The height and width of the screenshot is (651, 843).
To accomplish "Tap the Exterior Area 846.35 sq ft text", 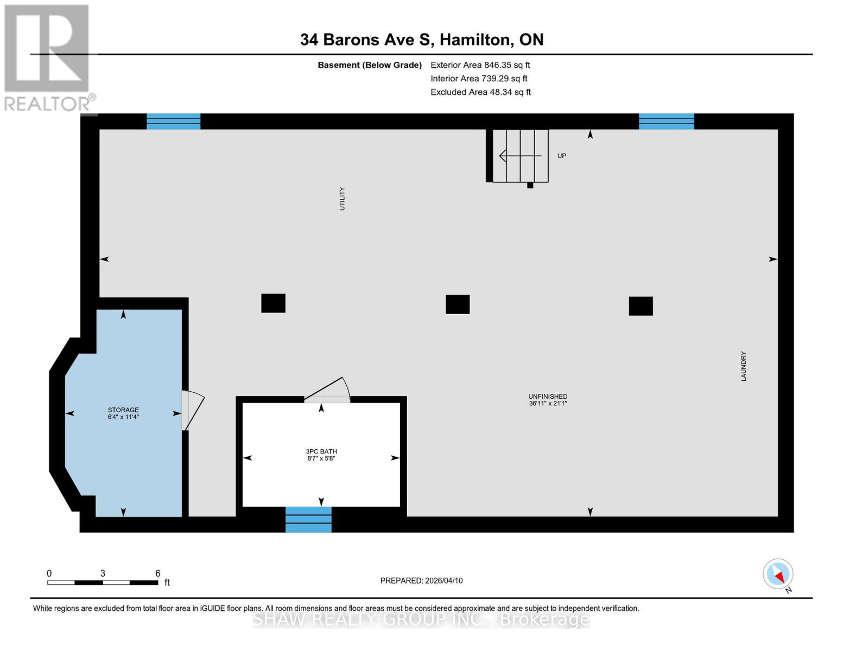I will point(480,65).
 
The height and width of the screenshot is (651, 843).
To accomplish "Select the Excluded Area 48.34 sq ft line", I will point(480,92).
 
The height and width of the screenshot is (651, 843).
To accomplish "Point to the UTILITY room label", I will point(342,199).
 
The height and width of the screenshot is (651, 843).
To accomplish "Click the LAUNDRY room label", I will point(744,366).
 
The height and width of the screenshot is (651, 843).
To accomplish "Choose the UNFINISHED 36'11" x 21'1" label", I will point(548,400).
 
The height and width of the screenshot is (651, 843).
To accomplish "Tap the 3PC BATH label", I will point(321,455).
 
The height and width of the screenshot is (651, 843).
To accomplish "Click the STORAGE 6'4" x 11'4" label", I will point(123,413).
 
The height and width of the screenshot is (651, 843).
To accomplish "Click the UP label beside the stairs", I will point(562,156).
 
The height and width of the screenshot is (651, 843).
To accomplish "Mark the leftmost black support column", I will point(273,303).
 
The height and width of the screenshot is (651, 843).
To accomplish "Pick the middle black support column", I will point(458,304).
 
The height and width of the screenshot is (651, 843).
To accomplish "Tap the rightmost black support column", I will point(641,306).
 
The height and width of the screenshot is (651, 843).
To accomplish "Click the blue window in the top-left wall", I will point(174,122).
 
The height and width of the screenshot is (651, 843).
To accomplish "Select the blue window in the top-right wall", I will point(666,122).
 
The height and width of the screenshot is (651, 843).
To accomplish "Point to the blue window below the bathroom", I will point(308,519).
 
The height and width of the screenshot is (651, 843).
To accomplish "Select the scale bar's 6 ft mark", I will point(158,573).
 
